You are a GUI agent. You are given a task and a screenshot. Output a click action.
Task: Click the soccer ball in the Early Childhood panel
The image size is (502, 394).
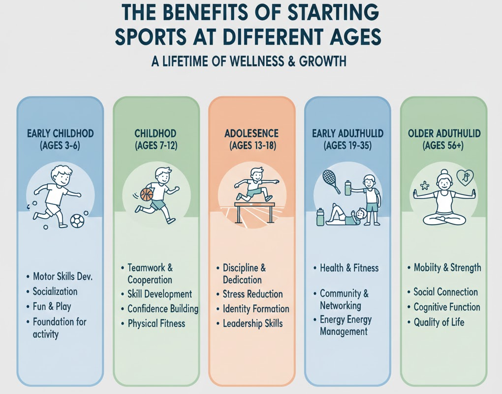77,221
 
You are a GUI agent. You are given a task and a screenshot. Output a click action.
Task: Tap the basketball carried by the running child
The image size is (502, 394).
147,195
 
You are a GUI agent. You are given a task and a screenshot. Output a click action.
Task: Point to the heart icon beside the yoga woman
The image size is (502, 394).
465,177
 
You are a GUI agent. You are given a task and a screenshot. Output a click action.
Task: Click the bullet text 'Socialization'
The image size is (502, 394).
55,291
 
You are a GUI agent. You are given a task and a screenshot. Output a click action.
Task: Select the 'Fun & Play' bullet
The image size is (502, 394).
52,306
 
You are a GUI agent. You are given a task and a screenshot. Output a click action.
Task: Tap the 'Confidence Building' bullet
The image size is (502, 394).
162,309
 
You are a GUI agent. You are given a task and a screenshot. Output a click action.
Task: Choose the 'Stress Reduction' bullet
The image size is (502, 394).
252,294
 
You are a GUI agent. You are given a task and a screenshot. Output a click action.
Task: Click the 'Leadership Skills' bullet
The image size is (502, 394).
252,324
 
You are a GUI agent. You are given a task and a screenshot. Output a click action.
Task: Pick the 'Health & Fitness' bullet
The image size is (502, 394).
349,268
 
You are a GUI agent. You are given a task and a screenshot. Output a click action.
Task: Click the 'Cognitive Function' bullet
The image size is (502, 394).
446,307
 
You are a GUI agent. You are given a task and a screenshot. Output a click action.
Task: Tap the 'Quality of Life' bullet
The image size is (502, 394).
439,323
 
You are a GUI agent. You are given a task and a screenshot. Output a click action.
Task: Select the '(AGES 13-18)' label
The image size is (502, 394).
251,146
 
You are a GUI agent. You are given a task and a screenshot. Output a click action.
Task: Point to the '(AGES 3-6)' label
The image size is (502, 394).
60,146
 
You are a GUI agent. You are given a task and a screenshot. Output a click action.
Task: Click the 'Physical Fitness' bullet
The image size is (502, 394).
156,324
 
